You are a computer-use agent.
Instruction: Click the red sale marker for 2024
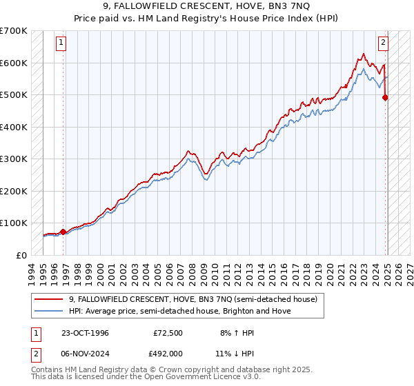tap(385, 97)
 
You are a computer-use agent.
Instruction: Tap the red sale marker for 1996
tap(63, 232)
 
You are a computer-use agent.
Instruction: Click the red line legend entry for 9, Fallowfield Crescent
tap(193, 300)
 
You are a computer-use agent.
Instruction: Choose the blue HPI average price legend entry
tap(179, 311)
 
